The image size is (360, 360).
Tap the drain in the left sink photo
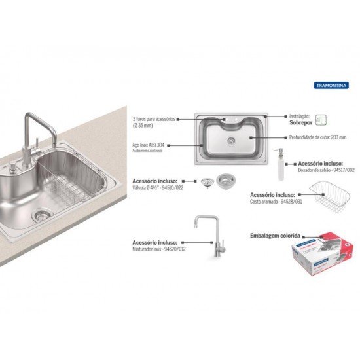point(42,213)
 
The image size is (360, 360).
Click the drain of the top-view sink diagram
point(230,140)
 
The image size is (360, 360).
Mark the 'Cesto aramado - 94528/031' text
point(277,200)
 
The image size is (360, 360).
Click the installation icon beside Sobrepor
point(319,119)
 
